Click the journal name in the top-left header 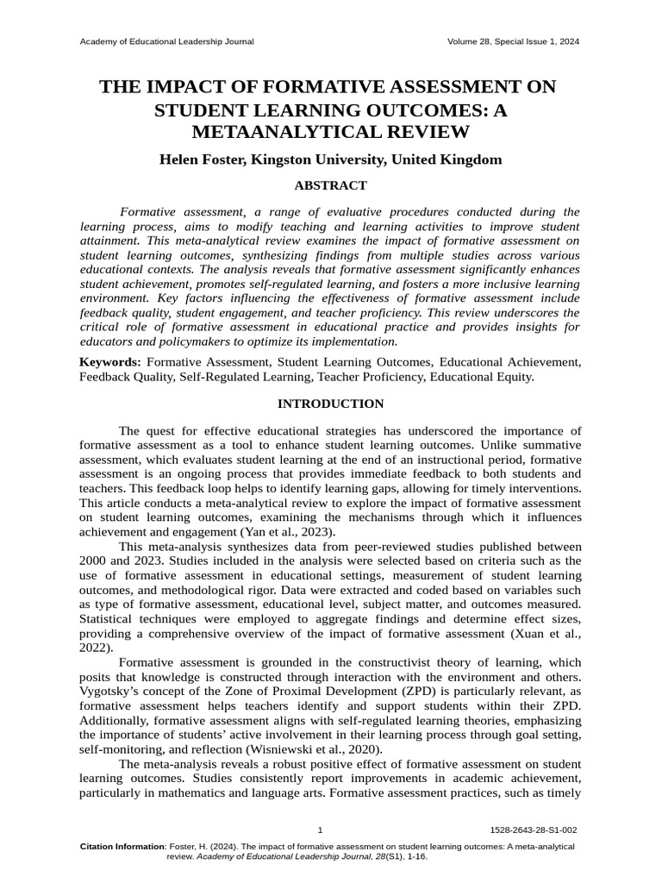pyautogui.click(x=166, y=42)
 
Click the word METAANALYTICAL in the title pyautogui.click(x=330, y=131)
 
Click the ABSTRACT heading pyautogui.click(x=330, y=185)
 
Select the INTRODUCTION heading pyautogui.click(x=330, y=404)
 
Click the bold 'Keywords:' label pyautogui.click(x=110, y=361)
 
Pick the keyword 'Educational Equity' pyautogui.click(x=482, y=377)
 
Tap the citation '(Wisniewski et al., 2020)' pyautogui.click(x=300, y=748)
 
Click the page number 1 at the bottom pyautogui.click(x=321, y=830)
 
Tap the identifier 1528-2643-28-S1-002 pyautogui.click(x=533, y=830)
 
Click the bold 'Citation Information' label pyautogui.click(x=122, y=847)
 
